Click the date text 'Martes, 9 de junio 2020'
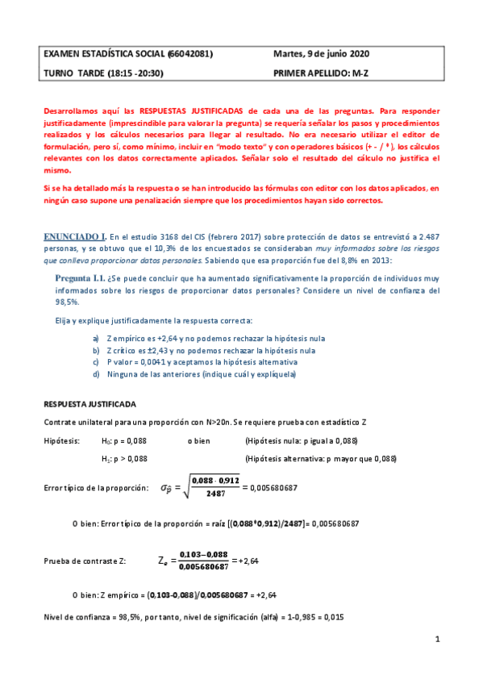coord(321,54)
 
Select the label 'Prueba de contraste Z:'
coord(85,560)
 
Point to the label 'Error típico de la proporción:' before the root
coord(96,488)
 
